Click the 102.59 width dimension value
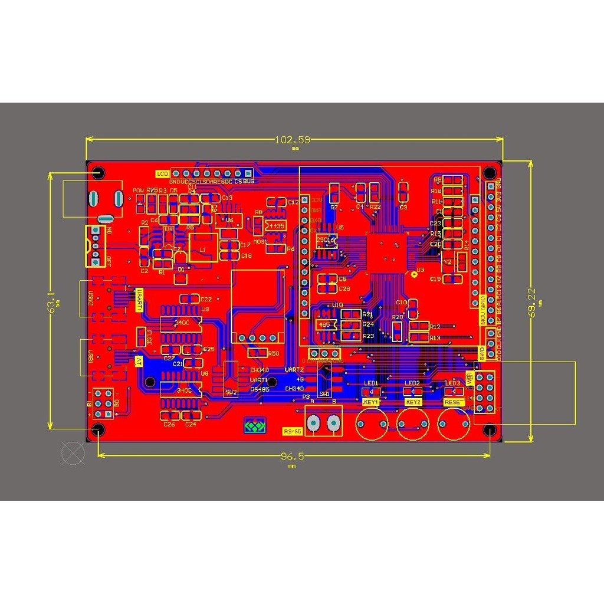pyautogui.click(x=294, y=140)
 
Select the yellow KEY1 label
pyautogui.click(x=370, y=402)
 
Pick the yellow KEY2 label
pyautogui.click(x=413, y=402)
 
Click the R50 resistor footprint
pyautogui.click(x=257, y=352)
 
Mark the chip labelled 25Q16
pyautogui.click(x=326, y=240)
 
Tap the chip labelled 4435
pyautogui.click(x=275, y=226)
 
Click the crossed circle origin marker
pyautogui.click(x=73, y=453)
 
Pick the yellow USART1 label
pyautogui.click(x=140, y=300)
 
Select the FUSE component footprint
pyautogui.click(x=141, y=337)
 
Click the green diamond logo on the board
pyautogui.click(x=255, y=425)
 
